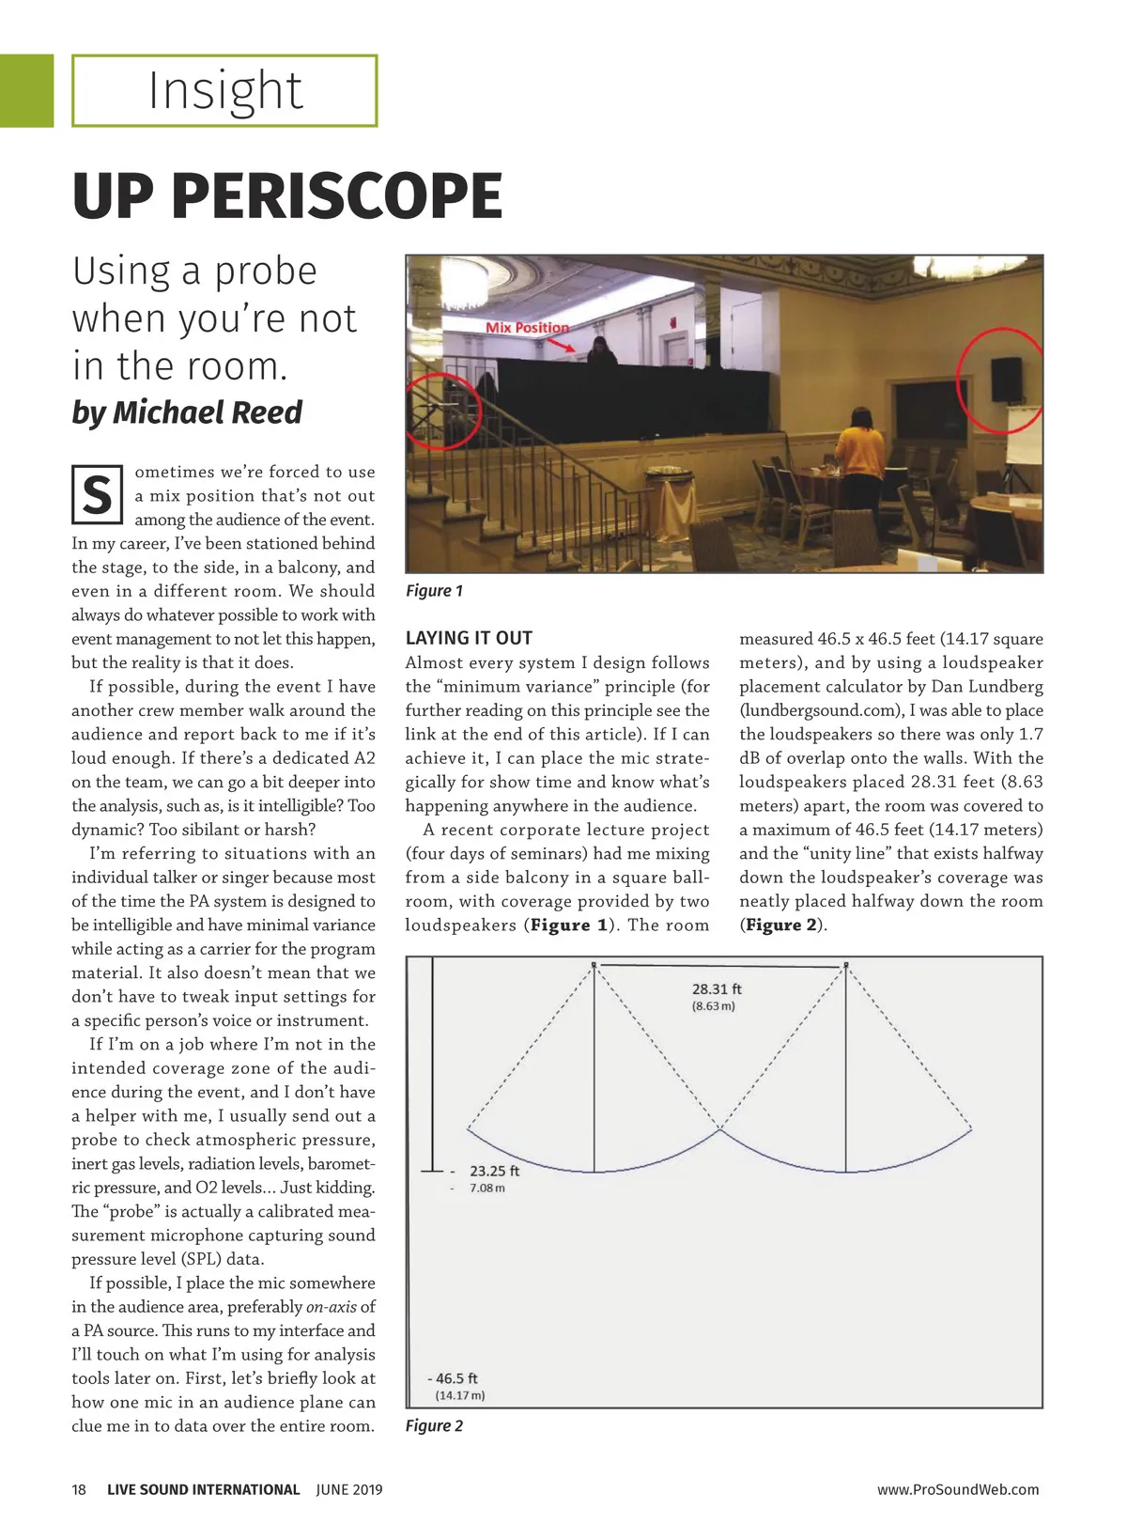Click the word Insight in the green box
pos(225,91)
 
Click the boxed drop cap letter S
pos(97,494)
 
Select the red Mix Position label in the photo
pos(527,327)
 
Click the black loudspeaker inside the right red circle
pos(1006,379)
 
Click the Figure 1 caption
pos(434,591)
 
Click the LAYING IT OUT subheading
pos(469,638)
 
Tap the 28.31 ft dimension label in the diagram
pos(717,989)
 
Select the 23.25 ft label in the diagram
pos(494,1172)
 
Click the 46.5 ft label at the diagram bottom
pos(455,1378)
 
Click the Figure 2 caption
pos(434,1426)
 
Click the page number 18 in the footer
pos(79,1489)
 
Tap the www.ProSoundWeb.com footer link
pos(958,1489)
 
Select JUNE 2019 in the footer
pos(349,1489)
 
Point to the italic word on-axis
pos(331,1307)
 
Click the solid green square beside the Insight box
pos(26,90)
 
